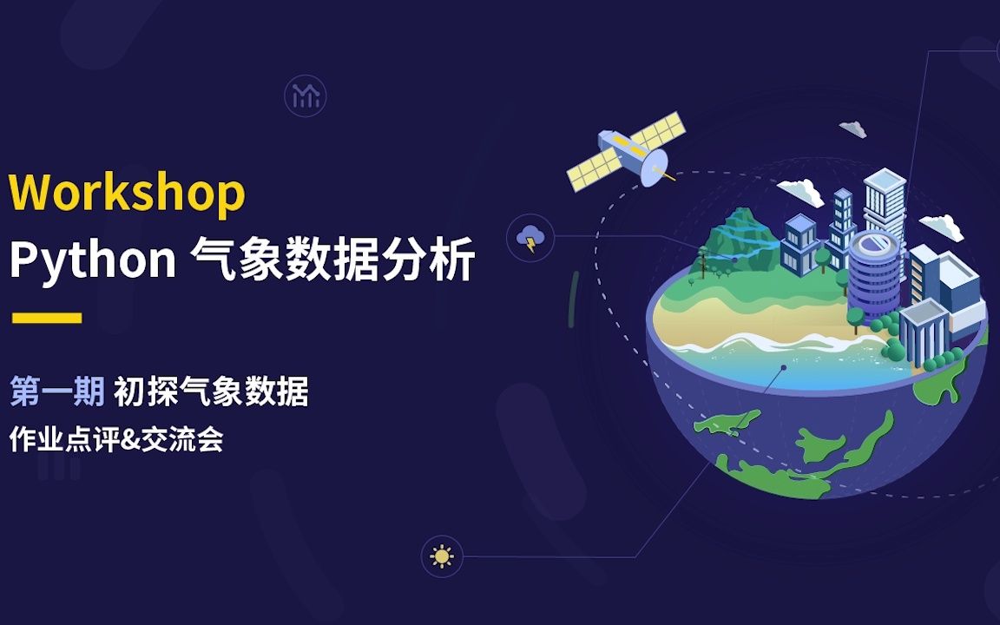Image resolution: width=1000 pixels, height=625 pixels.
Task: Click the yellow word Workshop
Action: click(128, 192)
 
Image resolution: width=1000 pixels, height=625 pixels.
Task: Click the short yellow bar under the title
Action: click(47, 318)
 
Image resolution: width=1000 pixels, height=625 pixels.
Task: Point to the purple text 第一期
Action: click(56, 393)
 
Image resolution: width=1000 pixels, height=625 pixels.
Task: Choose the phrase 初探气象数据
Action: click(211, 393)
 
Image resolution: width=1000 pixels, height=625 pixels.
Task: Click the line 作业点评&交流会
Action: click(116, 440)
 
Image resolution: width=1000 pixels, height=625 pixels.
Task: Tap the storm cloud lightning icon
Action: click(530, 237)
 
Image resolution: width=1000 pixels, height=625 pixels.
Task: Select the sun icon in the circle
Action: click(442, 556)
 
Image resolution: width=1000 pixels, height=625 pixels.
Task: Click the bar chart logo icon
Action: click(306, 96)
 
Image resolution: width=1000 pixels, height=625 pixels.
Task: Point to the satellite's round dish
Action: click(654, 165)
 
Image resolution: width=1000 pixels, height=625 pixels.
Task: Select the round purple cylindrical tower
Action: click(874, 273)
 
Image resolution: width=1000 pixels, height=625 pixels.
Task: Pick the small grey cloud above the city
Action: click(853, 128)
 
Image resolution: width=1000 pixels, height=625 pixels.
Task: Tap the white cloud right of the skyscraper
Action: click(942, 227)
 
